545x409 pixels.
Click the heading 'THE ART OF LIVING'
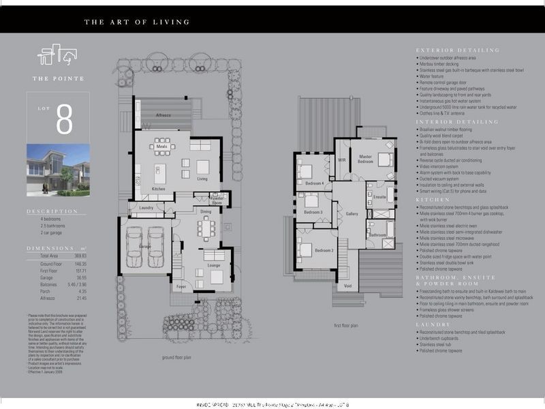[x=136, y=22]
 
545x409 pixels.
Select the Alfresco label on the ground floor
[x=163, y=115]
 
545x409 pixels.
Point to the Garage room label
[x=144, y=246]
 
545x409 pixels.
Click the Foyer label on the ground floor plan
[x=181, y=287]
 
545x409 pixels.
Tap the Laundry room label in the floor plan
[x=146, y=207]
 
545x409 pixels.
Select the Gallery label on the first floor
[x=352, y=214]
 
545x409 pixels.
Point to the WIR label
[x=342, y=160]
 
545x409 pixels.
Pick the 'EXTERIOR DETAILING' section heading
[x=457, y=50]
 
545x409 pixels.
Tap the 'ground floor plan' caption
[x=177, y=357]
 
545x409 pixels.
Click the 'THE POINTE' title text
[x=59, y=78]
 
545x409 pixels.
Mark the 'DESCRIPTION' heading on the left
[x=52, y=211]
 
